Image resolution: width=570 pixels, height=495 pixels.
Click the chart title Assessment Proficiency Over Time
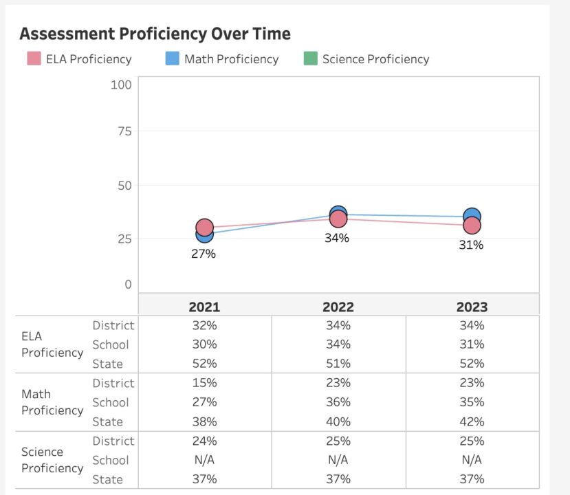[x=155, y=34]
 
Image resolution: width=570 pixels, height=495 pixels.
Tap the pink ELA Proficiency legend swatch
[x=34, y=58]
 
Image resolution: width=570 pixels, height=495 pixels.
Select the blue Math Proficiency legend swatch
[x=173, y=58]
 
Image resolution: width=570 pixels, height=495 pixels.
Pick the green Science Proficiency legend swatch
[x=311, y=58]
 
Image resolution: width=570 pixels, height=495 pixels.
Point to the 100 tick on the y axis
[x=121, y=85]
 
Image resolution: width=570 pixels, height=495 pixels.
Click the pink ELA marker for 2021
[x=204, y=227]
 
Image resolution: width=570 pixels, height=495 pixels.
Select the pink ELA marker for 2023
[x=472, y=225]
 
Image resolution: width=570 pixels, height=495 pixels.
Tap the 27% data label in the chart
[x=204, y=254]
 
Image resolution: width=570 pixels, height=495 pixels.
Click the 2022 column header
[x=338, y=307]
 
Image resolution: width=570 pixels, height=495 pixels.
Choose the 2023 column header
[x=472, y=307]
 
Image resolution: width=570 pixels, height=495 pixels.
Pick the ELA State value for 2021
[x=204, y=364]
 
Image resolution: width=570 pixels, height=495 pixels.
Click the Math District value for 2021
[x=204, y=383]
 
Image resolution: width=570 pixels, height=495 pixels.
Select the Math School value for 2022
[x=338, y=402]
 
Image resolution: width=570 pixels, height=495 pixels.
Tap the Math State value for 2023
[x=472, y=421]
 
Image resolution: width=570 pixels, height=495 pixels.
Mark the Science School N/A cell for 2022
[x=338, y=460]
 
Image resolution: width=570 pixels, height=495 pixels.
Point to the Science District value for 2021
[x=204, y=441]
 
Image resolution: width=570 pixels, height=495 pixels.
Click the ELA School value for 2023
[x=472, y=344]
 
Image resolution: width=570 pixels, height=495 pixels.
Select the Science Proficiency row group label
[x=52, y=460]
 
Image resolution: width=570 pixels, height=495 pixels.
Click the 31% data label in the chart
[x=472, y=245]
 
